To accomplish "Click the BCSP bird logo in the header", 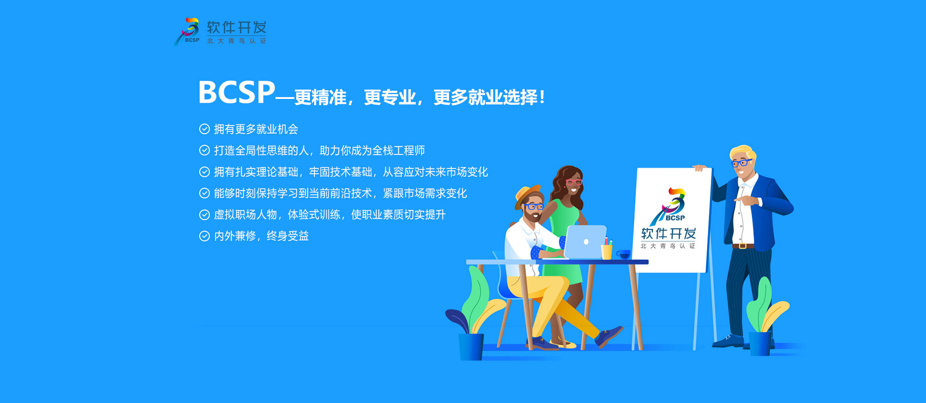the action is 187,32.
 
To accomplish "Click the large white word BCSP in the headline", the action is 236,92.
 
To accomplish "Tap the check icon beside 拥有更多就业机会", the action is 204,129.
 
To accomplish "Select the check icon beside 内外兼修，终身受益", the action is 204,236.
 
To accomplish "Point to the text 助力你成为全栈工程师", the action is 372,151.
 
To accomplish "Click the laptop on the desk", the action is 585,242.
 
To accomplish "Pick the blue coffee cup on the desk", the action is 623,254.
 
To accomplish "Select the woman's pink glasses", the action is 573,182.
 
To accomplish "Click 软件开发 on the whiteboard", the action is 668,234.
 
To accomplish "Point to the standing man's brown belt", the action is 743,246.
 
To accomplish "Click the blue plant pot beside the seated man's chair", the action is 471,347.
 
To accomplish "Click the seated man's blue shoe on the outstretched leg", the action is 609,336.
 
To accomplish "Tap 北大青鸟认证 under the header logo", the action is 236,41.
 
